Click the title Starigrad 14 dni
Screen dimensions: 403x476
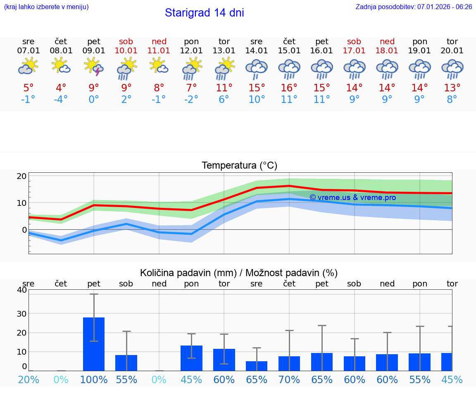(204, 13)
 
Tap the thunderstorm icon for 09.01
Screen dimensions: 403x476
(94, 67)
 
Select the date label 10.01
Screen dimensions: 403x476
(126, 50)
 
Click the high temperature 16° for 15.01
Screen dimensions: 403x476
(289, 88)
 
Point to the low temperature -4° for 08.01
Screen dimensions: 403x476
(61, 100)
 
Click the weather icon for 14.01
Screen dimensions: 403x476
(257, 68)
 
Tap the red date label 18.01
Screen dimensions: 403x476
(387, 50)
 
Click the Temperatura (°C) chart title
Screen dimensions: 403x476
(239, 165)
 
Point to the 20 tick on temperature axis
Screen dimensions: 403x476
(21, 176)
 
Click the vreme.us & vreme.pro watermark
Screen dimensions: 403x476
(352, 198)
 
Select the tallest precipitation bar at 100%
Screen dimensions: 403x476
(94, 344)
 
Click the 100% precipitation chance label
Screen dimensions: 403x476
(94, 379)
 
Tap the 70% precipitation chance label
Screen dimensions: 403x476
(289, 379)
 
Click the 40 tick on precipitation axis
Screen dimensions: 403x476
(21, 290)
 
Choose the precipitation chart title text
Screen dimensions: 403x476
(239, 273)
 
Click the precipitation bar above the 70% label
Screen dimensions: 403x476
(289, 363)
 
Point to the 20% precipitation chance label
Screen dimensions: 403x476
(29, 379)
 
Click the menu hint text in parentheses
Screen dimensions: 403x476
(46, 7)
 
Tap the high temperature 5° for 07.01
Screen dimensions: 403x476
(29, 88)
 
